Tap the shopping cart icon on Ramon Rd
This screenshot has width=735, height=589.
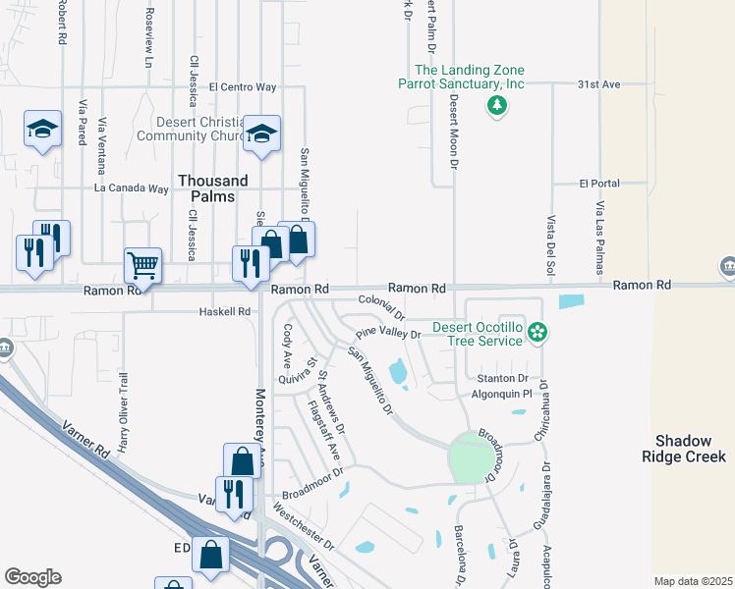click(142, 264)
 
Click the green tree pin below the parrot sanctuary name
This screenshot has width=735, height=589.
click(497, 105)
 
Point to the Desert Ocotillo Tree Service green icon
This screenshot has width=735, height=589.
click(537, 333)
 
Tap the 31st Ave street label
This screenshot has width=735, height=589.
click(598, 85)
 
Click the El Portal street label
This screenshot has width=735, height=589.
click(598, 184)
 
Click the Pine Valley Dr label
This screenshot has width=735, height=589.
click(388, 334)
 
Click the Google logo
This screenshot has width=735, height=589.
click(32, 577)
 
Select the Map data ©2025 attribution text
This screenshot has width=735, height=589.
click(693, 581)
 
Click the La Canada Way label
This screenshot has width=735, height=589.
click(132, 188)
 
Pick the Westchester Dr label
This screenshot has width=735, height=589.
click(305, 527)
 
